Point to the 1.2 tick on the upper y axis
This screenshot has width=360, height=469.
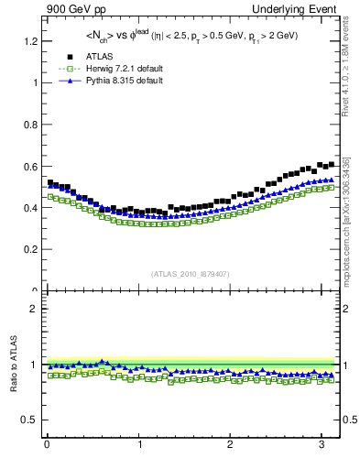click(x=31, y=41)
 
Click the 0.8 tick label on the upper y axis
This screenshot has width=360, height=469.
click(x=31, y=125)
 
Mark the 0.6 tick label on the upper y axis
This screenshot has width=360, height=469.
click(x=31, y=167)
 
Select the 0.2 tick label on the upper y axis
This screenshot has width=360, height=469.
click(x=31, y=249)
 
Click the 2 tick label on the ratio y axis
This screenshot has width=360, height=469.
click(x=35, y=309)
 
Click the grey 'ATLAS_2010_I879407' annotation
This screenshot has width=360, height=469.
click(x=191, y=274)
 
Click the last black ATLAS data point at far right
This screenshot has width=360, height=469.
click(x=331, y=164)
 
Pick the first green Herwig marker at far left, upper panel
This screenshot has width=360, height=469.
click(x=50, y=196)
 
